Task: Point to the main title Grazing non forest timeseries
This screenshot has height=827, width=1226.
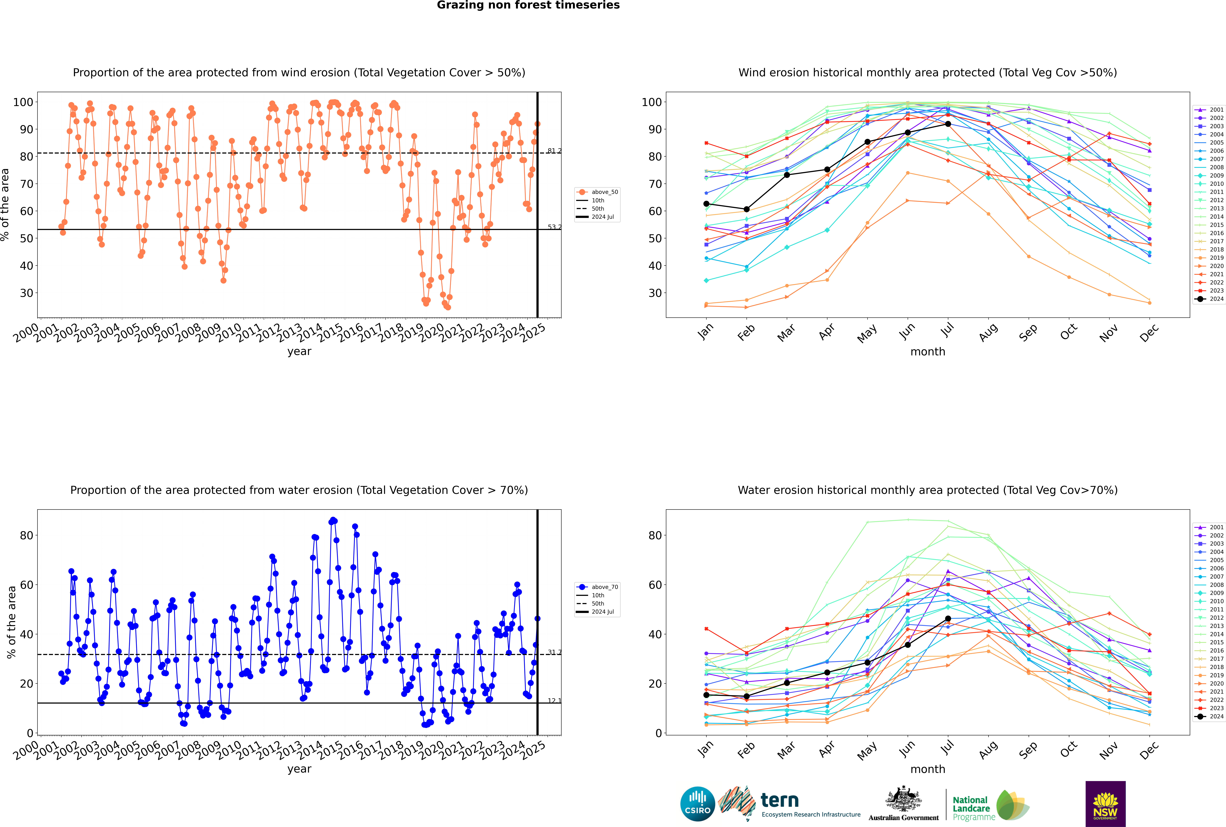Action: tap(528, 5)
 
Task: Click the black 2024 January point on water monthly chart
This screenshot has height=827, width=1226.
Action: tap(706, 695)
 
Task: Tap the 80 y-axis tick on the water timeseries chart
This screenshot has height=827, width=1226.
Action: tap(26, 535)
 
